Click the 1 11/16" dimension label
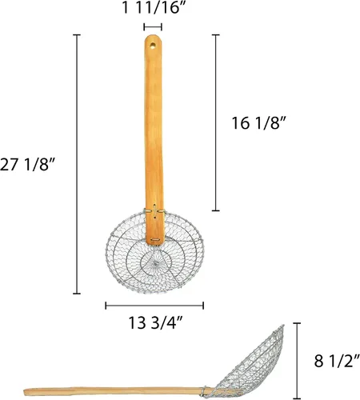[x=154, y=7]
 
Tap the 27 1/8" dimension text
[x=27, y=164]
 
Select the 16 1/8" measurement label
[x=258, y=123]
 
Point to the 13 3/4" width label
[x=155, y=322]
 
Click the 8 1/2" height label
[x=337, y=362]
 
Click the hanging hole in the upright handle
[x=153, y=46]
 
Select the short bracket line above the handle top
[x=153, y=27]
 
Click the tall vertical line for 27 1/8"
[x=77, y=164]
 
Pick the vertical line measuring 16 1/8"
[x=216, y=122]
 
